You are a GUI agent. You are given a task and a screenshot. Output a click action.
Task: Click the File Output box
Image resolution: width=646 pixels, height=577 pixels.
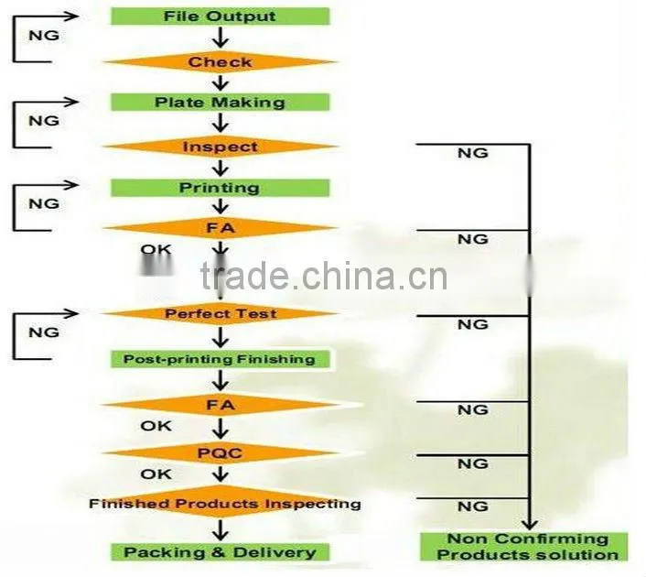point(220,16)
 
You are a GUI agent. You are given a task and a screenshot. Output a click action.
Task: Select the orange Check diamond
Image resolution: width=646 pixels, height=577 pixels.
point(220,62)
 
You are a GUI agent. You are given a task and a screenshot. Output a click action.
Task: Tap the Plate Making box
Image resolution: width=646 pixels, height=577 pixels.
point(220,103)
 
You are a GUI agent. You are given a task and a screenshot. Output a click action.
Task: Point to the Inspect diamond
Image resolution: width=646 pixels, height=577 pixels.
point(220,147)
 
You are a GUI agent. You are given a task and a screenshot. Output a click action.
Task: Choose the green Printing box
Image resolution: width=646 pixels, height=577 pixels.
point(220,188)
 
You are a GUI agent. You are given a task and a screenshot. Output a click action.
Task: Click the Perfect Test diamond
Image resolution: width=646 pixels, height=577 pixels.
point(220,314)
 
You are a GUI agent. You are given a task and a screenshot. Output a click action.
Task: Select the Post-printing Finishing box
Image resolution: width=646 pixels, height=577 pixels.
point(220,359)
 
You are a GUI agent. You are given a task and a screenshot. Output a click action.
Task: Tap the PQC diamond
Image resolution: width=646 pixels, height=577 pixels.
point(220,453)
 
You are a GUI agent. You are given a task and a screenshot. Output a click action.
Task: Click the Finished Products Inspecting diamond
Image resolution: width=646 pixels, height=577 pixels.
point(225,504)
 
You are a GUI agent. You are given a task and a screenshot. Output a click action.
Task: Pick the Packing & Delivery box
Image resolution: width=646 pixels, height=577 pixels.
point(220,552)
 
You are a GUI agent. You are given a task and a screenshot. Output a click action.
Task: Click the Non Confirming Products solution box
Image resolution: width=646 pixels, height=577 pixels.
point(524,547)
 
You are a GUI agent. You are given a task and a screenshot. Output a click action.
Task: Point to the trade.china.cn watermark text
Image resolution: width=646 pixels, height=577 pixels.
point(324,276)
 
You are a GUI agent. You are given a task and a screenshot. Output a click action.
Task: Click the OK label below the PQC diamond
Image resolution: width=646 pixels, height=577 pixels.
point(156,474)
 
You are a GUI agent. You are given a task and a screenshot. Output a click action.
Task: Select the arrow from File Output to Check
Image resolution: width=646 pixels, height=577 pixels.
point(221,38)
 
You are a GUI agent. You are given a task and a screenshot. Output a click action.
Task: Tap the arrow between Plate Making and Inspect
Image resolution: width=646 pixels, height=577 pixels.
point(221,123)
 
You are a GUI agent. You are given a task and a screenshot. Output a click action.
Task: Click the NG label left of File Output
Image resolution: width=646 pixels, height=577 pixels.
point(44,36)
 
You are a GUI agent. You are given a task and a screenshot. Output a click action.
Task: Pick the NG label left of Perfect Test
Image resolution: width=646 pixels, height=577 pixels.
point(44,332)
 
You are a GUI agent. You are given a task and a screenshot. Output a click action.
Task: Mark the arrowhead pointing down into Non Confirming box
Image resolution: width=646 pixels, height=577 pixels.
point(530,525)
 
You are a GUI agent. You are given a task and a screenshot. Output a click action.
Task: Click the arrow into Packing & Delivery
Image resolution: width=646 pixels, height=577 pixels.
point(221,530)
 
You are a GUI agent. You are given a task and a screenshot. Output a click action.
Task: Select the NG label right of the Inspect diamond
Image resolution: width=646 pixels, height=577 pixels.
point(473,154)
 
